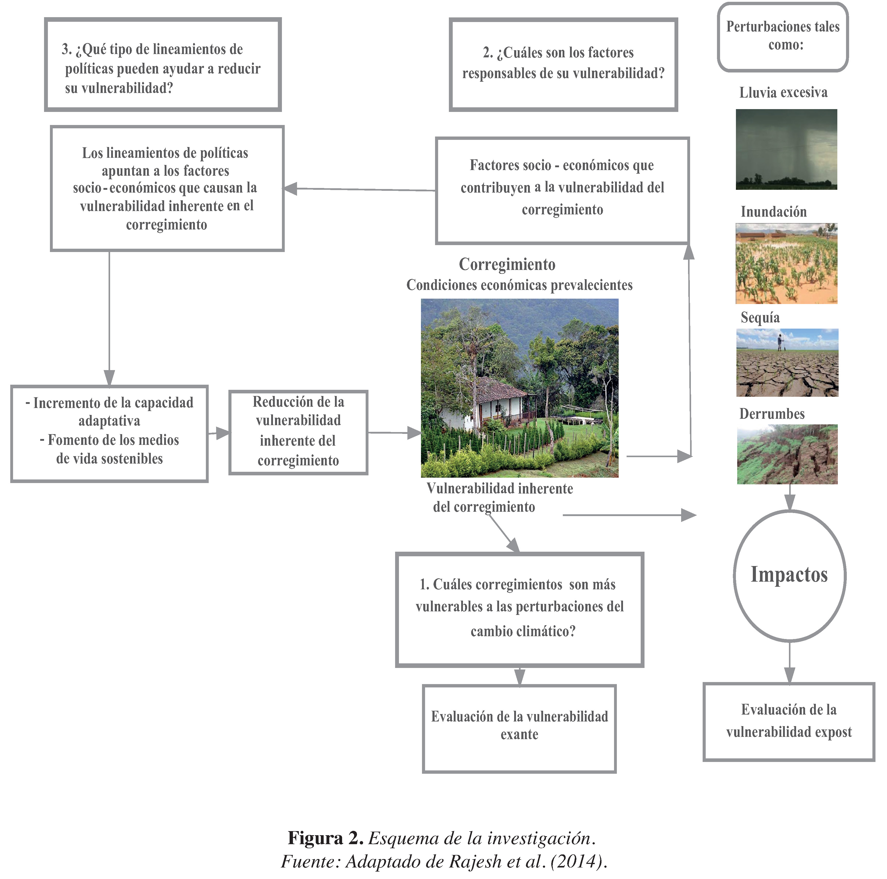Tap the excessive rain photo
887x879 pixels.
click(x=786, y=149)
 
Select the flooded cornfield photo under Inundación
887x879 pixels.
click(x=786, y=264)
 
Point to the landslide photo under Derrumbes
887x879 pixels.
click(x=787, y=454)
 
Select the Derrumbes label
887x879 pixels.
click(x=772, y=414)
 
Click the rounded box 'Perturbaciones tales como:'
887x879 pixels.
click(x=783, y=37)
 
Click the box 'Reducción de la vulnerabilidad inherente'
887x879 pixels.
click(x=298, y=432)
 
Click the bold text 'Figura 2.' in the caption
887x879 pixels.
click(x=325, y=838)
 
